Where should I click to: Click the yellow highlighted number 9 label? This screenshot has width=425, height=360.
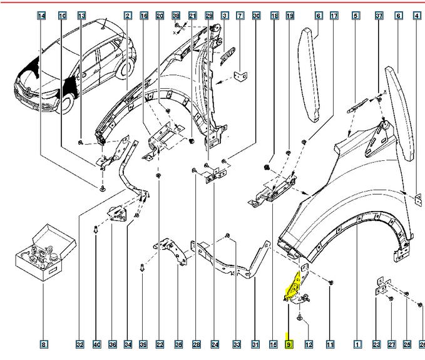(x=289, y=344)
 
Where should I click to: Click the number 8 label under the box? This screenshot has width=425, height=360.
(x=43, y=344)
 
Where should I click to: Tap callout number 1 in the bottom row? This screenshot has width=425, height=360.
(x=357, y=344)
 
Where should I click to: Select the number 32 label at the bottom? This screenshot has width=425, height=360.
(x=79, y=344)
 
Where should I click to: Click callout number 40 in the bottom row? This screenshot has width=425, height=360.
(x=96, y=344)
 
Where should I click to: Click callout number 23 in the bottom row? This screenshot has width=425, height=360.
(x=376, y=344)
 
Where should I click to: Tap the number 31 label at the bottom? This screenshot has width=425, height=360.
(x=256, y=344)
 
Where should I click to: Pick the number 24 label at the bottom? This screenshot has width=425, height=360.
(x=215, y=344)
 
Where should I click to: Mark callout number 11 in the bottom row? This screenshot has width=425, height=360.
(x=330, y=344)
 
